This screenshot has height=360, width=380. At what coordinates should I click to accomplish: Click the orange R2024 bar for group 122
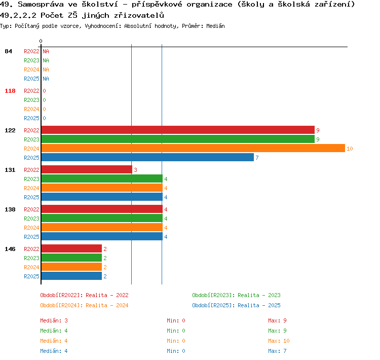[193, 148]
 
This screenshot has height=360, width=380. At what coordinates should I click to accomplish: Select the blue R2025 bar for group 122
[147, 158]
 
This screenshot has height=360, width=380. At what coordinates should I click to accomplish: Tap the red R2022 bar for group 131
[87, 169]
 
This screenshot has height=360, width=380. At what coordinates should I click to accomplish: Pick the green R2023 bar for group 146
[71, 258]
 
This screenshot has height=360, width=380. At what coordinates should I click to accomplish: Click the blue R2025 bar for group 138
[102, 236]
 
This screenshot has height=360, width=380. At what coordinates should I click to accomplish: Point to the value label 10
[350, 149]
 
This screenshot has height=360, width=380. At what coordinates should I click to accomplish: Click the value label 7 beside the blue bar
[257, 158]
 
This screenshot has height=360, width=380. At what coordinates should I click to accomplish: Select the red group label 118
[10, 91]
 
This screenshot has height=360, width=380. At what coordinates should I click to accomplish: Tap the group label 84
[8, 51]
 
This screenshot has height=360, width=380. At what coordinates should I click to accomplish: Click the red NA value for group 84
[46, 51]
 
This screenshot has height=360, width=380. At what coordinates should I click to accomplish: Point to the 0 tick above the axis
[41, 41]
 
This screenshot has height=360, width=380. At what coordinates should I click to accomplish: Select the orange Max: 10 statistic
[279, 341]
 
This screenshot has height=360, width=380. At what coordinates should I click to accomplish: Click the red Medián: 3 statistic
[54, 320]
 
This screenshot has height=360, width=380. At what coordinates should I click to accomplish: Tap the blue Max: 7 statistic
[277, 351]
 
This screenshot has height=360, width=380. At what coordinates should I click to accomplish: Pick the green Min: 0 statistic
[176, 331]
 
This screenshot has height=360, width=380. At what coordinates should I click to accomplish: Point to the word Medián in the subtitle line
[215, 26]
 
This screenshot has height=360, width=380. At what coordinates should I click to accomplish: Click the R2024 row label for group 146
[31, 267]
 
